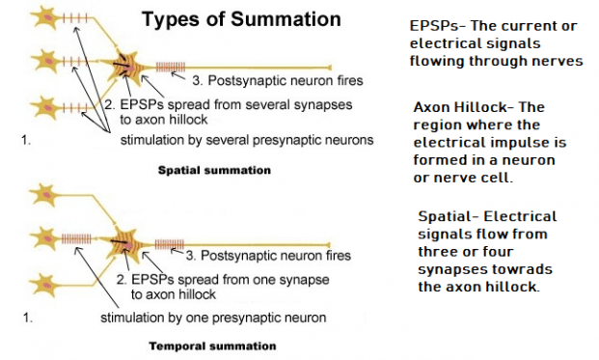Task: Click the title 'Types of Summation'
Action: click(x=241, y=19)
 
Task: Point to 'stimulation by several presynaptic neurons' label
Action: click(x=246, y=140)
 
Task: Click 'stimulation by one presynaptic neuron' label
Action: click(x=213, y=317)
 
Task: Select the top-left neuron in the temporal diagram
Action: click(x=42, y=194)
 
